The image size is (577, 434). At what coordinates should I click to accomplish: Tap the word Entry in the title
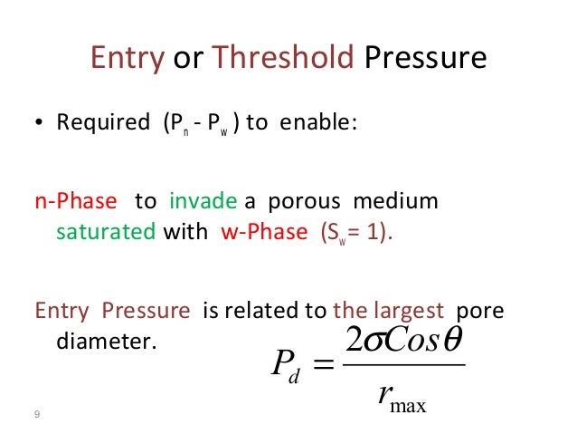pos(127,59)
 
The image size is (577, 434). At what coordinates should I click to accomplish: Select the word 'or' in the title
pos(188,59)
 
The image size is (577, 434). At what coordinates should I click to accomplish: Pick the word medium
pos(400,200)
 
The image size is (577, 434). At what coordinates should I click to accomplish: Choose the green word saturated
pos(106,231)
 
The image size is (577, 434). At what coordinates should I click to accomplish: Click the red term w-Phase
pos(265,231)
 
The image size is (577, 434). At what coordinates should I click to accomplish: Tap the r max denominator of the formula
pos(402,394)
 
